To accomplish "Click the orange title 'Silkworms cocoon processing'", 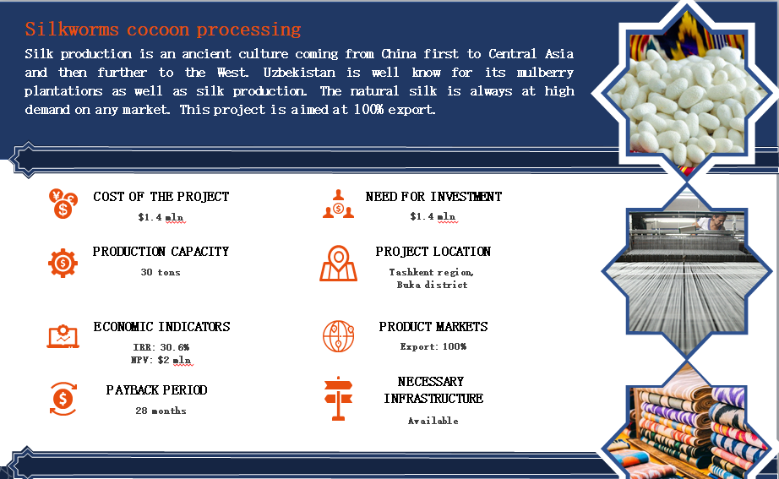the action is [163, 30].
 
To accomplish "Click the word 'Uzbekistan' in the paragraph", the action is [299, 73].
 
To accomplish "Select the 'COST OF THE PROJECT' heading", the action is [161, 197].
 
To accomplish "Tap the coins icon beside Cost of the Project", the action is [63, 204].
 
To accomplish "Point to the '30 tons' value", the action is [161, 272].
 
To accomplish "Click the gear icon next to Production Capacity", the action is [63, 263].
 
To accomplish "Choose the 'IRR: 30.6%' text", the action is [161, 347].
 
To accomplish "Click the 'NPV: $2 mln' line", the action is [161, 360].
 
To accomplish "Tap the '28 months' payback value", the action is [161, 411].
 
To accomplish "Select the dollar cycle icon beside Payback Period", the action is [63, 399].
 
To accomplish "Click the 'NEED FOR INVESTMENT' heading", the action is [433, 197].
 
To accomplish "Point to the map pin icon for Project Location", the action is [338, 264].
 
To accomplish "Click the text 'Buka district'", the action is [433, 285].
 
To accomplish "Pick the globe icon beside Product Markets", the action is [338, 336].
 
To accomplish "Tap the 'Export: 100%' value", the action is [433, 347].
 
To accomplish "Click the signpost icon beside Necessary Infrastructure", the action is [338, 399].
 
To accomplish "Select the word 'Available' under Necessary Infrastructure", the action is [433, 421].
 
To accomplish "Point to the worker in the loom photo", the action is [711, 222].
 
